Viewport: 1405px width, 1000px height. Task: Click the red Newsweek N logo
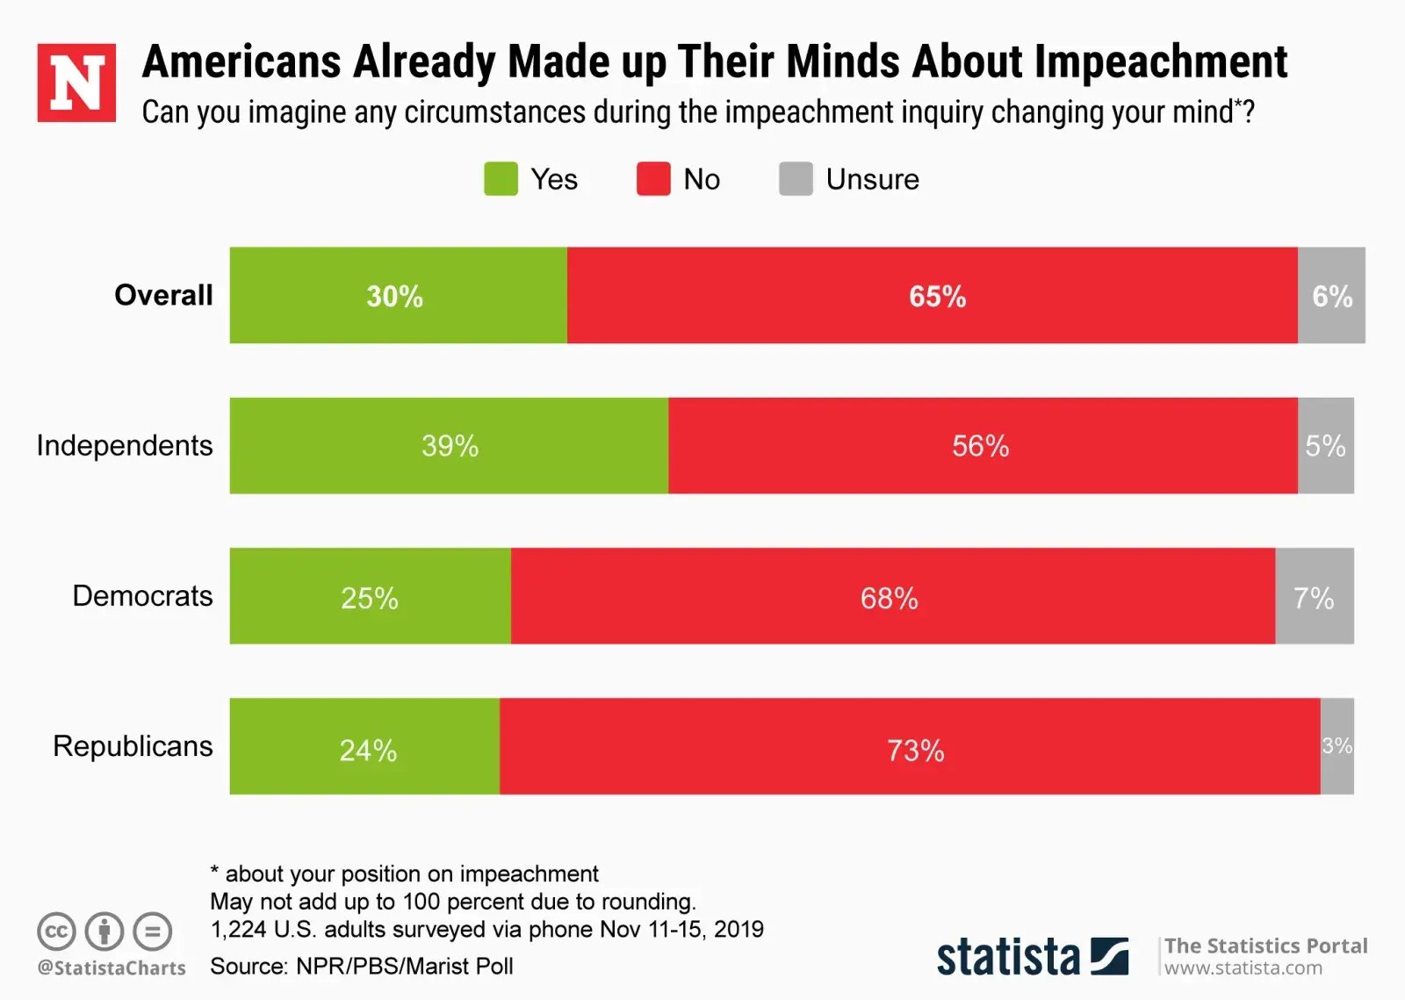pyautogui.click(x=76, y=83)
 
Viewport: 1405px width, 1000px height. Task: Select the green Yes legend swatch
pyautogui.click(x=501, y=179)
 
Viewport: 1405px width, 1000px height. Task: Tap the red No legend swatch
pyautogui.click(x=653, y=179)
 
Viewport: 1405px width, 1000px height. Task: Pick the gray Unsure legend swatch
pyautogui.click(x=796, y=179)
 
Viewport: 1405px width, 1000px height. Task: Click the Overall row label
pyautogui.click(x=163, y=295)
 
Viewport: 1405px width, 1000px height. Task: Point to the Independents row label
pyautogui.click(x=125, y=445)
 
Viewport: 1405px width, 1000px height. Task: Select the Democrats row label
pyautogui.click(x=142, y=596)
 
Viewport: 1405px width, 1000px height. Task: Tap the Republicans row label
pyautogui.click(x=133, y=746)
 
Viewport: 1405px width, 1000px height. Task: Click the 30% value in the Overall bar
pyautogui.click(x=395, y=296)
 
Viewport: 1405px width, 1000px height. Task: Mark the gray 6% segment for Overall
pyautogui.click(x=1331, y=296)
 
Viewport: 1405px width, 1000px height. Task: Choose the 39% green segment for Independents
pyautogui.click(x=450, y=446)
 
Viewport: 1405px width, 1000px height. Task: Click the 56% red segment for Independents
pyautogui.click(x=982, y=446)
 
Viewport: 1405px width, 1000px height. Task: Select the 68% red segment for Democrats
pyautogui.click(x=890, y=597)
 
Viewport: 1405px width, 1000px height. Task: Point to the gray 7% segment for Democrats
pyautogui.click(x=1314, y=597)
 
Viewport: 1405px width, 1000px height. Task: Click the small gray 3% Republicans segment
pyautogui.click(x=1337, y=746)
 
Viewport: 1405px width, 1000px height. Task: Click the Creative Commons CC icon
pyautogui.click(x=56, y=931)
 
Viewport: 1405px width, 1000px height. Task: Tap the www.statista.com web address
pyautogui.click(x=1243, y=968)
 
